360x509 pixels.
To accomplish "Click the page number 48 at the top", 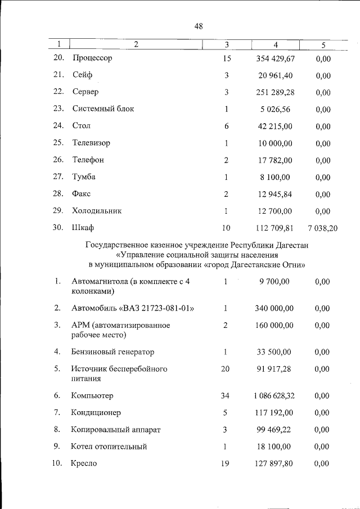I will (199, 26).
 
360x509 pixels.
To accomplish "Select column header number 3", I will (226, 44).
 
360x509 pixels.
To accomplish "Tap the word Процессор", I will (92, 58).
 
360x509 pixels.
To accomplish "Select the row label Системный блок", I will (103, 109).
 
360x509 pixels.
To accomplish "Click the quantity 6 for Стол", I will (226, 126).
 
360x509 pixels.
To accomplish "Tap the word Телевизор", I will (91, 143).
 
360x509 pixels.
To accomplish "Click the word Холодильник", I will (97, 211).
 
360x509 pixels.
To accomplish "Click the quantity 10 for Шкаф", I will (226, 228).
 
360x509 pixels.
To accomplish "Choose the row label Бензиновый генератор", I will (112, 352).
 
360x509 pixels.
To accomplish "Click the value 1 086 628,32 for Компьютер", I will (274, 396).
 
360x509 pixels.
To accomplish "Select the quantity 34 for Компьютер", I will (225, 396).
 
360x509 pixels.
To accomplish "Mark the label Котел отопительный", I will (109, 447).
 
